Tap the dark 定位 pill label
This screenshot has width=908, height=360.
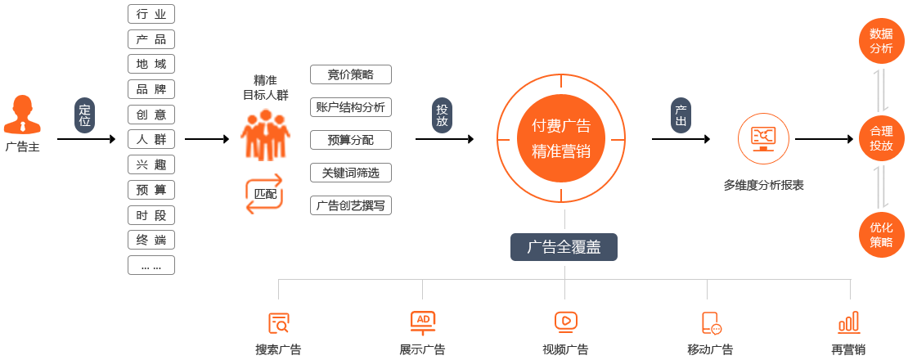(85, 115)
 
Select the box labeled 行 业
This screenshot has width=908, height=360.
(151, 14)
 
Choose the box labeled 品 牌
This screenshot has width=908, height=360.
(151, 89)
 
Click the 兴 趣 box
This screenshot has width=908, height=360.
(151, 164)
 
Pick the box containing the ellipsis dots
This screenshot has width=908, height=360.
(151, 265)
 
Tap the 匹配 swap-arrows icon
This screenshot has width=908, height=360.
(265, 194)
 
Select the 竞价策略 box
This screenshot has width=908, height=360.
(351, 74)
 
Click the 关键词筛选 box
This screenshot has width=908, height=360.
(351, 173)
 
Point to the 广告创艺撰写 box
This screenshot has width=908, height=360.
(351, 205)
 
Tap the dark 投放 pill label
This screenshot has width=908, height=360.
(442, 115)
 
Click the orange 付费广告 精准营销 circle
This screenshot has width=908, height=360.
(560, 138)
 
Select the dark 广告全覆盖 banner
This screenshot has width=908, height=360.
(564, 247)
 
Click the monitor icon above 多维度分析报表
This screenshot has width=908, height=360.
(763, 139)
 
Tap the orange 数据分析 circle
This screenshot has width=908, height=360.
(881, 41)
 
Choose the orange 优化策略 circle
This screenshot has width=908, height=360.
(881, 235)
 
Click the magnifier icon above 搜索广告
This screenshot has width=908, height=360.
(279, 323)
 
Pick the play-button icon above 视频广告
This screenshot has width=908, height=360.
(565, 322)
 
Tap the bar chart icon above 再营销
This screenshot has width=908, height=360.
(848, 322)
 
